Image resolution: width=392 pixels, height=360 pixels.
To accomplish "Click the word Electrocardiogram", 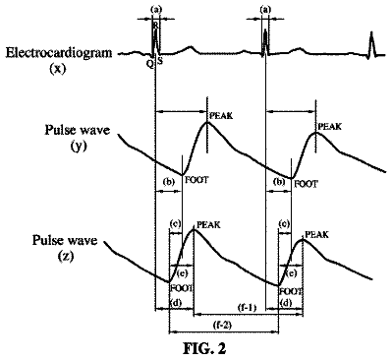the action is (x=59, y=53).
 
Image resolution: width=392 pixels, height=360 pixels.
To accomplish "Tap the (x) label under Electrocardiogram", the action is (x=58, y=69).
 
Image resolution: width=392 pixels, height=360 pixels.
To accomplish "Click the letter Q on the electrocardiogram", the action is (x=149, y=65).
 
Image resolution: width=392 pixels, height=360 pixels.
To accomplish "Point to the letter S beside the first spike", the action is (x=160, y=61).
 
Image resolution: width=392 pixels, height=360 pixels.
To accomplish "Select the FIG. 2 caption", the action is (x=204, y=348).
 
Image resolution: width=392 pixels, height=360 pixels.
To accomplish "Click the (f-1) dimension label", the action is (x=247, y=308).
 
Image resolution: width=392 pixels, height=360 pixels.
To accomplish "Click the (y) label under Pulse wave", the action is (x=78, y=147).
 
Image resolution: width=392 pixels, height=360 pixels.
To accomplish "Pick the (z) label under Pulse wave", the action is (x=66, y=257).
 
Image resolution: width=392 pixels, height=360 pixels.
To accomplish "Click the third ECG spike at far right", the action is (x=371, y=44).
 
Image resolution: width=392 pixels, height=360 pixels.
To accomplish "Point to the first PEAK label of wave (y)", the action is (x=221, y=116).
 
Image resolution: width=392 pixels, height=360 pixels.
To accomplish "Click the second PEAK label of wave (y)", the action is (x=330, y=127).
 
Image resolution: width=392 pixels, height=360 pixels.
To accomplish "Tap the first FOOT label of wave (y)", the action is (x=196, y=180).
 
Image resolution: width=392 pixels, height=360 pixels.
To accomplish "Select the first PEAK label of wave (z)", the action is (x=209, y=225).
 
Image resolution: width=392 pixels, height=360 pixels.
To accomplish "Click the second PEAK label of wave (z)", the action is (x=316, y=235).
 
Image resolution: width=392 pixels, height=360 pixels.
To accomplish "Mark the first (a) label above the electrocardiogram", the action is (x=156, y=10).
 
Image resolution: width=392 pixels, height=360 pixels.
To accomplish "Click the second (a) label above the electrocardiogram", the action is (x=265, y=10).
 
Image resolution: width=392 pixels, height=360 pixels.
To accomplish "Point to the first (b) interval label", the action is (x=169, y=182).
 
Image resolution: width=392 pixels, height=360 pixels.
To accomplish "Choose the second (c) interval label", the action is (x=284, y=224).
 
